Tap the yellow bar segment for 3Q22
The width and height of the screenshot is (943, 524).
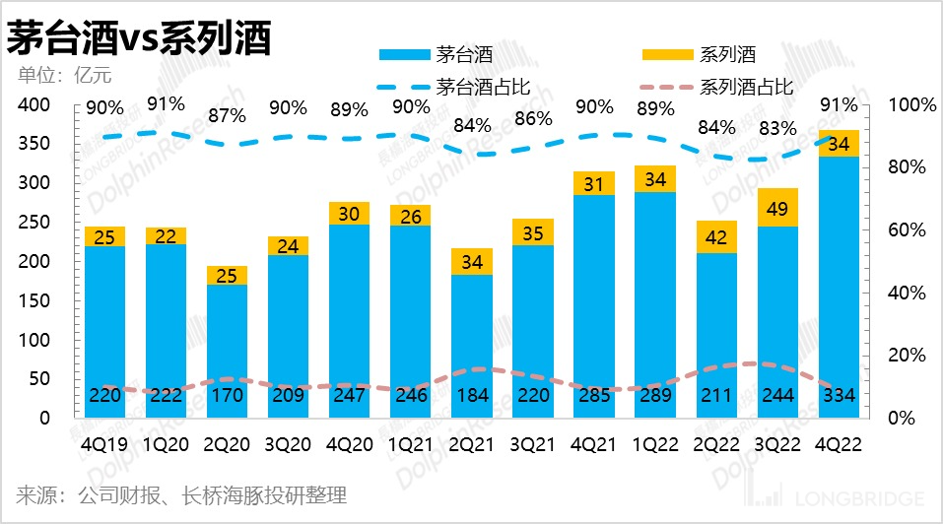(x=778, y=208)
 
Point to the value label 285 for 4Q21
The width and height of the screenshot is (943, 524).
(x=594, y=396)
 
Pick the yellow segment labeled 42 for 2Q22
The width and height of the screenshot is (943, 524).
(x=716, y=237)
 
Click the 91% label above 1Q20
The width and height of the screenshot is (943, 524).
(x=166, y=103)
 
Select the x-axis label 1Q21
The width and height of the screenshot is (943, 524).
(x=410, y=444)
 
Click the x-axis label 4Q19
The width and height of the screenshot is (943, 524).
(x=104, y=444)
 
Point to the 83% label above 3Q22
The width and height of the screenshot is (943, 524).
(x=777, y=128)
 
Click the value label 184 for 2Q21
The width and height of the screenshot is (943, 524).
(x=472, y=396)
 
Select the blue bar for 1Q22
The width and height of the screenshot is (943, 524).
(x=655, y=295)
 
